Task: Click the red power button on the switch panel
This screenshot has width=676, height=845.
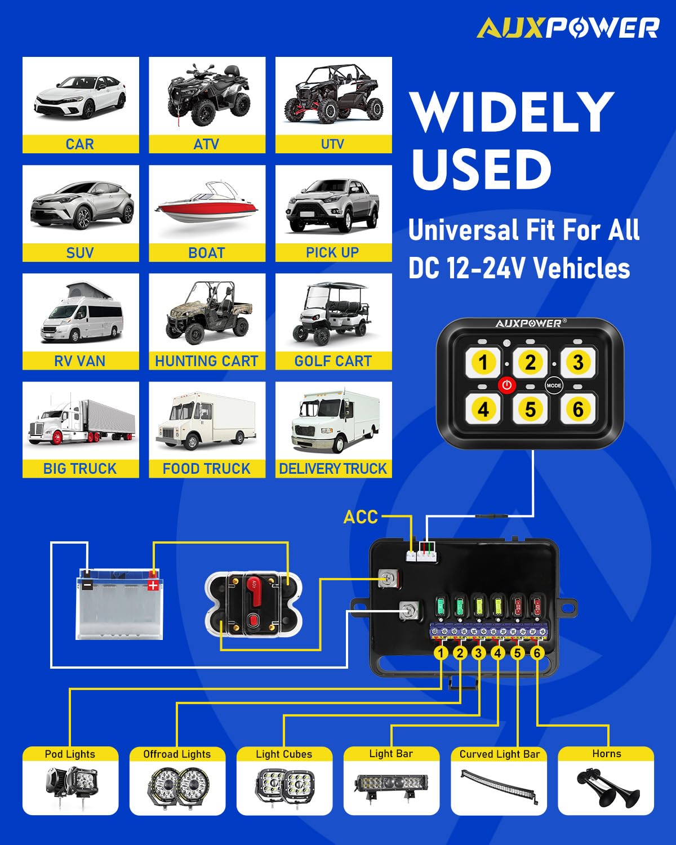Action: click(x=507, y=385)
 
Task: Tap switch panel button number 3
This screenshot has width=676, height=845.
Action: click(x=577, y=362)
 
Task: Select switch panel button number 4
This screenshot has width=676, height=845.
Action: click(x=483, y=409)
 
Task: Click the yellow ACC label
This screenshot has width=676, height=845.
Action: click(x=361, y=517)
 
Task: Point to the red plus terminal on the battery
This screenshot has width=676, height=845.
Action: click(x=153, y=585)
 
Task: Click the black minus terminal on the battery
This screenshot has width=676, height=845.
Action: click(x=87, y=585)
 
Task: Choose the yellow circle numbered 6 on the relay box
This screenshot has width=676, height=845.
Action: click(x=537, y=653)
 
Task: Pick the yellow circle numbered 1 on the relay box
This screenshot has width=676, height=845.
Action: click(x=441, y=653)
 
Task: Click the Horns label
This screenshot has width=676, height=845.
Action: click(x=606, y=754)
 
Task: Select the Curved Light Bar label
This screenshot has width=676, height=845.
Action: click(x=499, y=754)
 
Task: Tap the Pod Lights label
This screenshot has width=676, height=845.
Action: click(x=70, y=754)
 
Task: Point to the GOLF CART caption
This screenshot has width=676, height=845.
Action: click(x=333, y=361)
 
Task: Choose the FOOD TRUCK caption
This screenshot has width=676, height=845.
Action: click(x=206, y=469)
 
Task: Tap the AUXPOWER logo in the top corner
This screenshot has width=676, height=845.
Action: click(x=568, y=28)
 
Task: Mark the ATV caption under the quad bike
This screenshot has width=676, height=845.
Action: click(x=206, y=144)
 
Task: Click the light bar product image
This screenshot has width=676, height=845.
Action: click(x=391, y=784)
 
